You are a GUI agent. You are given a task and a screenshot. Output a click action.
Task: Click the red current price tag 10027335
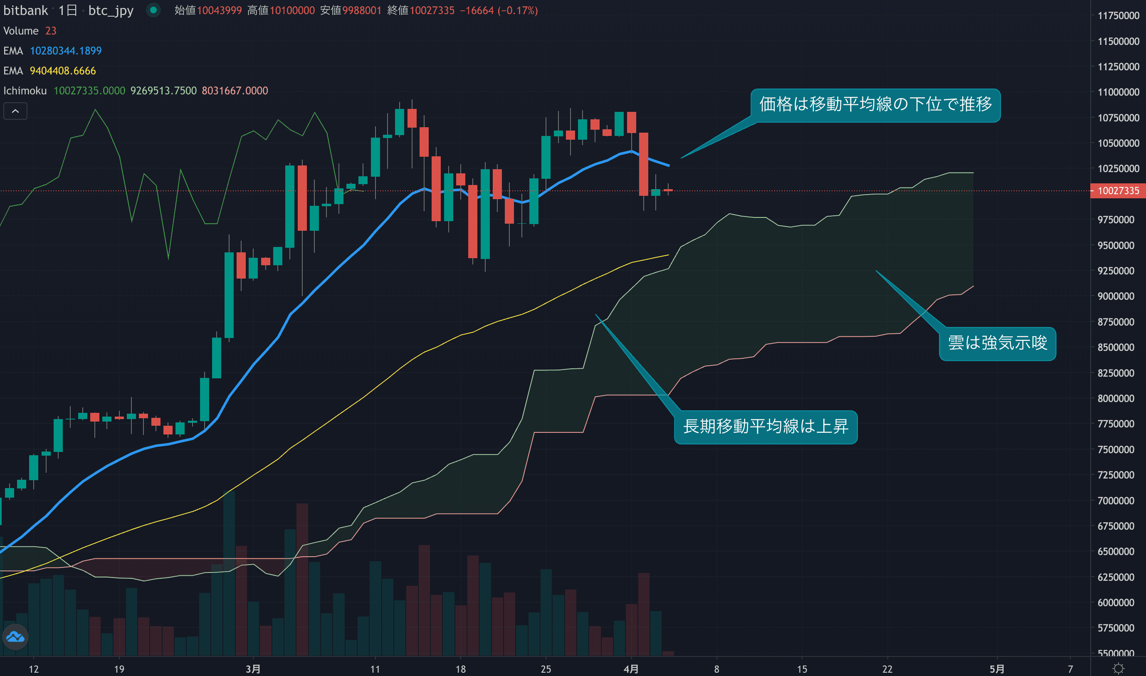1118,190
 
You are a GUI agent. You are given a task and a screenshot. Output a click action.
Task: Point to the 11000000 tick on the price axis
1118,92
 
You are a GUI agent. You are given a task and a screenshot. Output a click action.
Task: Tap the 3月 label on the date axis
253,669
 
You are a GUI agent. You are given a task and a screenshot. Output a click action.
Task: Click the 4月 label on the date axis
631,669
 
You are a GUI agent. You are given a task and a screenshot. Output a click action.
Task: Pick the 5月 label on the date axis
997,669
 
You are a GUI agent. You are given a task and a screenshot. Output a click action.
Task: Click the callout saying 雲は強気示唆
998,343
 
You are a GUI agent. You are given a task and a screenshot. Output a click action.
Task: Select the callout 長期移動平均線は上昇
766,427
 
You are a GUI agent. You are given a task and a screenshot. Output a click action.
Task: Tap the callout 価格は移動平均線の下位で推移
875,105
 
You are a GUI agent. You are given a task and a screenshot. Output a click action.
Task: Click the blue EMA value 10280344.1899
66,51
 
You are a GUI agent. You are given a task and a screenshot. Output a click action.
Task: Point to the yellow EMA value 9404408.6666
63,71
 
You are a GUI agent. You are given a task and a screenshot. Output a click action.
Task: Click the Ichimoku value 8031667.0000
235,91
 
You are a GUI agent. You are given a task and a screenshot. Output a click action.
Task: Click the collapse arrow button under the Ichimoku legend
15,111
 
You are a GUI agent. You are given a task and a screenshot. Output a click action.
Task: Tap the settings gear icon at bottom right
1118,668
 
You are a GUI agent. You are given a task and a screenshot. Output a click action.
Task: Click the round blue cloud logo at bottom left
15,637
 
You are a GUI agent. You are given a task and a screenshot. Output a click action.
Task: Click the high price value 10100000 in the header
292,10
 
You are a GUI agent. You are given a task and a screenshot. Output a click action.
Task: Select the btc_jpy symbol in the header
111,10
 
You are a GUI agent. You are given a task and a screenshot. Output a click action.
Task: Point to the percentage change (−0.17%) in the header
518,10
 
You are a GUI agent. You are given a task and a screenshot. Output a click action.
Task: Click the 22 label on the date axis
887,669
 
